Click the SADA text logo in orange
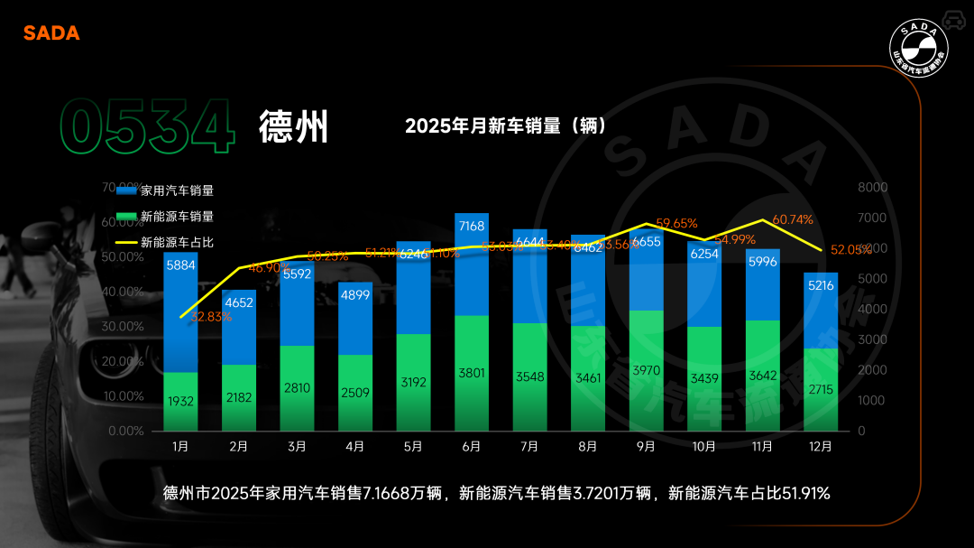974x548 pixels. (x=51, y=33)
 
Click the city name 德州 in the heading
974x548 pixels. (x=293, y=127)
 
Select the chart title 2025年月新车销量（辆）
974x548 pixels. (x=505, y=125)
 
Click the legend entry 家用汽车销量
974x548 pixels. (x=177, y=190)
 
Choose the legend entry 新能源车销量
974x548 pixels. (x=177, y=217)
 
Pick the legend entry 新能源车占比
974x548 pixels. (x=177, y=243)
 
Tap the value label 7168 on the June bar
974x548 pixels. (x=472, y=225)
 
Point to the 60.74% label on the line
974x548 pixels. (x=793, y=219)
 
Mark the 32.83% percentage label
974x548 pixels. (x=210, y=317)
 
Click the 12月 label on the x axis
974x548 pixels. (x=821, y=446)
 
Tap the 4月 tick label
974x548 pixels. (x=355, y=446)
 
